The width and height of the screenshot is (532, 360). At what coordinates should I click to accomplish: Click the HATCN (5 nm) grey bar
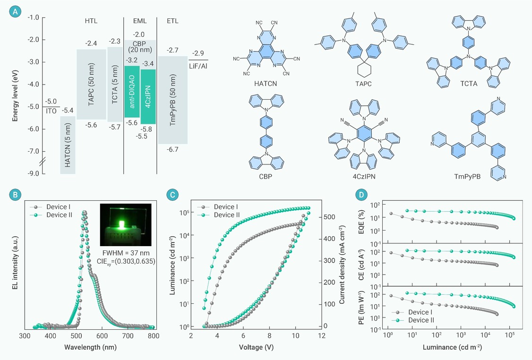pyautogui.click(x=68, y=145)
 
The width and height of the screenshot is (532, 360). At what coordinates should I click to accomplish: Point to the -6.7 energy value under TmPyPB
pyautogui.click(x=173, y=149)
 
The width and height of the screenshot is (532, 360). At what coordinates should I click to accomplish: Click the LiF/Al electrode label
pyautogui.click(x=198, y=65)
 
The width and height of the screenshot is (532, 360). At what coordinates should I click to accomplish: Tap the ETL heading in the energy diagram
pyautogui.click(x=172, y=21)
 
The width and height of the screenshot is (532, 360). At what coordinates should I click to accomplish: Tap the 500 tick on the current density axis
pyautogui.click(x=329, y=217)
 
